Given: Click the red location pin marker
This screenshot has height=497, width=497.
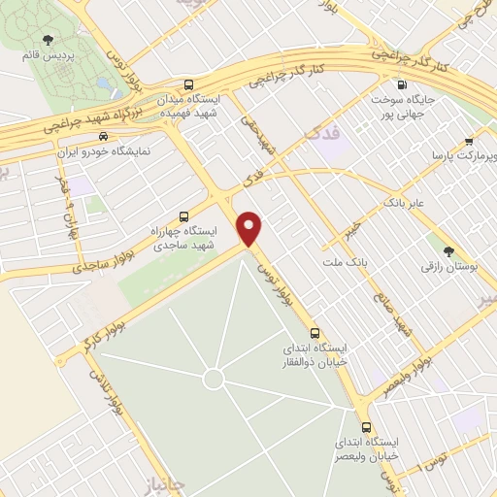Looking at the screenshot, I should click(x=251, y=228).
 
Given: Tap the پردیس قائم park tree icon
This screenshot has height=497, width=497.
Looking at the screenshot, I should click(x=48, y=40).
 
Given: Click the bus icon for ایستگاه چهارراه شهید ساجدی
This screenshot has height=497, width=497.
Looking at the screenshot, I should click(x=184, y=216).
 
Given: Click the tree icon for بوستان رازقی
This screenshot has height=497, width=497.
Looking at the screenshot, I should click(x=447, y=250).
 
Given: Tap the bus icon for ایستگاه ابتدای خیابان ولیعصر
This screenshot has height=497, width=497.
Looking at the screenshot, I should click(x=366, y=426).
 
